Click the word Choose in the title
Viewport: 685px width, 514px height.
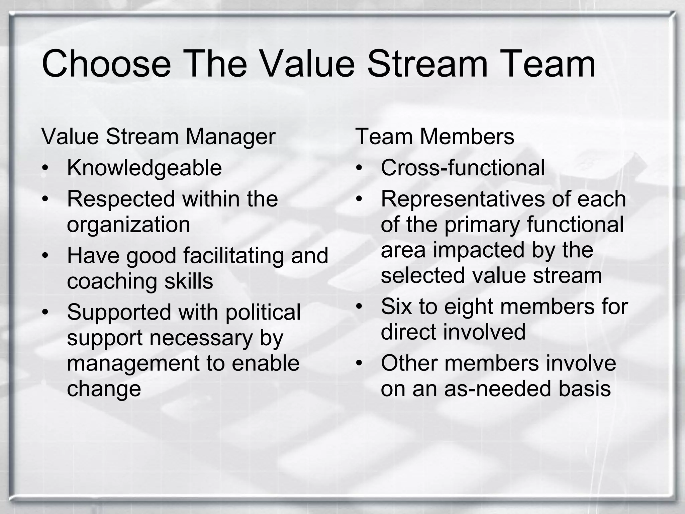(106, 64)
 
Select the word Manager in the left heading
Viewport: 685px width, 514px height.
(230, 137)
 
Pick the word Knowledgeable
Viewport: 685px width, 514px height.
(144, 168)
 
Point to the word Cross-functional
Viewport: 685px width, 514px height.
(463, 168)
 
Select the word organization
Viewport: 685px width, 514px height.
(128, 225)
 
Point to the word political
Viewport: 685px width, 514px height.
(263, 312)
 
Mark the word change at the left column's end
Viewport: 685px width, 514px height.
(104, 389)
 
